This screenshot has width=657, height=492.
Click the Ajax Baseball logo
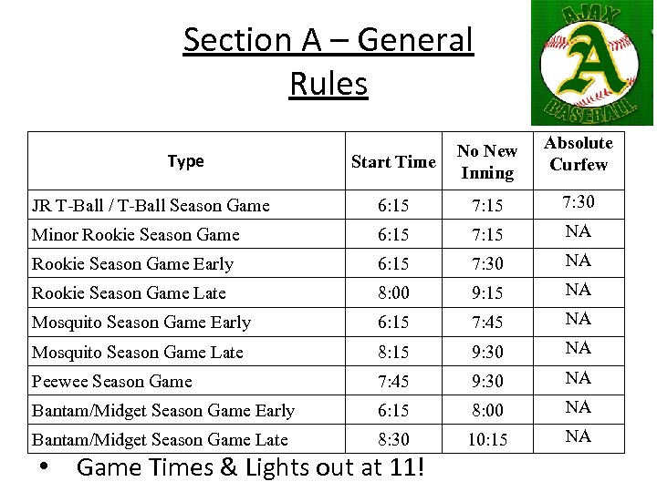coord(593,63)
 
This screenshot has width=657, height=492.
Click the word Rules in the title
coord(328,84)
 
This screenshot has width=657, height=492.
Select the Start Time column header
coord(393,162)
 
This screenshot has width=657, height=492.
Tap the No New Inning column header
coord(487,161)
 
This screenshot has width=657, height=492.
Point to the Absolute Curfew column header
coord(579,153)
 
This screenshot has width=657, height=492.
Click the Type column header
coord(185,161)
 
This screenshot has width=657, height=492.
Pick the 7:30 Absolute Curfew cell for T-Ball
coord(578,201)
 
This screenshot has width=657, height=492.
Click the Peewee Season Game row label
coord(112,381)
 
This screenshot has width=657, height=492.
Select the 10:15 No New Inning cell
coord(487,439)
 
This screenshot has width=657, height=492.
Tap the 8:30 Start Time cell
coord(393,439)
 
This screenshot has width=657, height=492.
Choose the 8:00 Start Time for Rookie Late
coord(393,293)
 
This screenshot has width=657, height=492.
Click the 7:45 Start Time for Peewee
coord(393,381)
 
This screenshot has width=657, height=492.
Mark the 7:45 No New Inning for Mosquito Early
coord(487,323)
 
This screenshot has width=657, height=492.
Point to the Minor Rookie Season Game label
coord(136,235)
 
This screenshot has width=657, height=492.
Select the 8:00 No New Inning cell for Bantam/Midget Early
coord(487,410)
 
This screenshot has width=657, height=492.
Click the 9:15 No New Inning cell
coord(487,293)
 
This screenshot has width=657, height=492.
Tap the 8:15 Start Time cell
coord(393,352)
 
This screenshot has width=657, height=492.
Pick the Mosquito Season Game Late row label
coord(138,352)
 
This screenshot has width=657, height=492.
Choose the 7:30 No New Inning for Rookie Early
coord(487,264)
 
